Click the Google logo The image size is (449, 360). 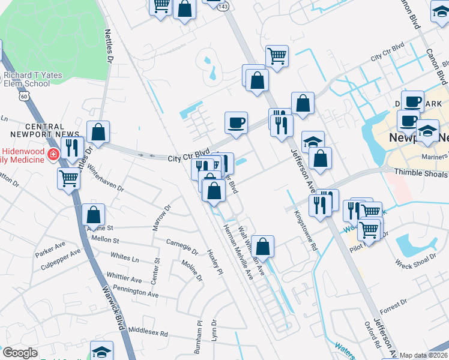(x=19, y=353)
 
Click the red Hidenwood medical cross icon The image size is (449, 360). (x=53, y=154)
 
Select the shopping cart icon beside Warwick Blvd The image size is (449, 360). (x=69, y=178)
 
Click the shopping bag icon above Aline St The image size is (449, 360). (x=93, y=214)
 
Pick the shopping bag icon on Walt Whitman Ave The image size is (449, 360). (x=262, y=245)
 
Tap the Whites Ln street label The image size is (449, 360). (x=124, y=257)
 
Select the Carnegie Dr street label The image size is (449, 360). (x=182, y=247)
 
